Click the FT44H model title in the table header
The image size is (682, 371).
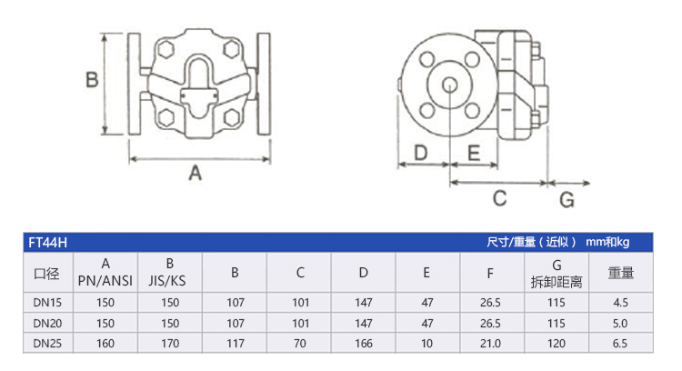[47, 243]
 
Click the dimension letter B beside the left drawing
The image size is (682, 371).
[91, 80]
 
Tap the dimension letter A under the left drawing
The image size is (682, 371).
[194, 173]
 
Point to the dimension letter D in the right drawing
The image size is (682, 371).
[421, 154]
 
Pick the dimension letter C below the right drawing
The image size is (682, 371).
[499, 197]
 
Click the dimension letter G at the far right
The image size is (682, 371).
[566, 198]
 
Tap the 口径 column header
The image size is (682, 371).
[46, 272]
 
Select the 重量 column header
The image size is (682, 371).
[621, 272]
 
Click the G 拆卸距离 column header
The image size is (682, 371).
[557, 272]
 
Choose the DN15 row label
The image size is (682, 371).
[46, 302]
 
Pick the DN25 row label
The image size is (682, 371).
[46, 344]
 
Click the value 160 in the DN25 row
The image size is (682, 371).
[106, 344]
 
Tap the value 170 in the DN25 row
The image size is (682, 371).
[170, 344]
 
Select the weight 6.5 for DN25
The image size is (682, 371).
[621, 344]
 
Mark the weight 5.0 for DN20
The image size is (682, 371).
[621, 323]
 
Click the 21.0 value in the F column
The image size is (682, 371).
[492, 344]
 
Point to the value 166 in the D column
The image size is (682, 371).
[364, 344]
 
